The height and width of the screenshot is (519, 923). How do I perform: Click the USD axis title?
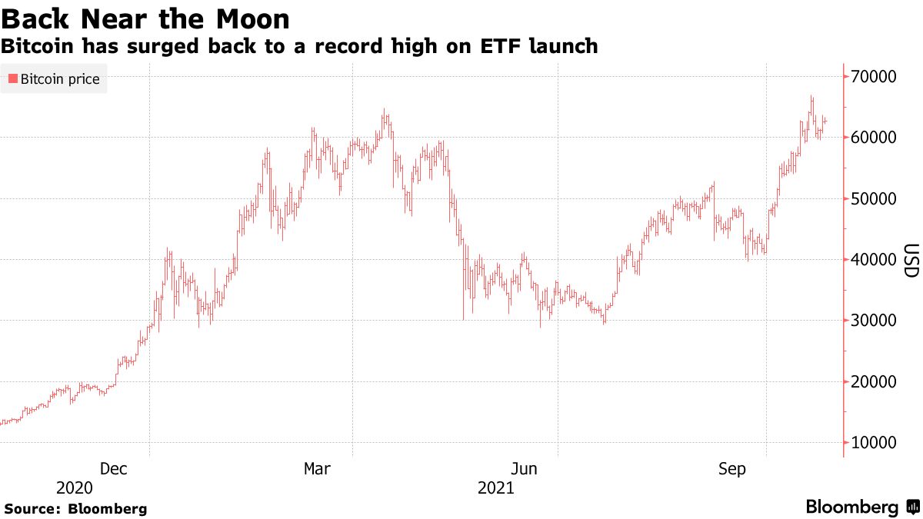(911, 261)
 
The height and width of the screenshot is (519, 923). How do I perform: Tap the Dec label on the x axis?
(114, 468)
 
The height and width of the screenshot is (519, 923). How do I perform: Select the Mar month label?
(318, 468)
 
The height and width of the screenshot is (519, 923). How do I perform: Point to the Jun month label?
(523, 468)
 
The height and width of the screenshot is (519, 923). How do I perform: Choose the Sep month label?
(731, 468)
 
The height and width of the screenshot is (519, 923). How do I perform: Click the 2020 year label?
(75, 488)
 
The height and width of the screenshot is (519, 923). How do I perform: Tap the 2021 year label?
(496, 488)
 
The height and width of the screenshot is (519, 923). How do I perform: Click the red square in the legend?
(12, 79)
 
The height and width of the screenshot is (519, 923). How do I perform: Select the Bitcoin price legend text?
(60, 79)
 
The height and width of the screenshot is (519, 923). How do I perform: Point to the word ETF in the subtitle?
(501, 46)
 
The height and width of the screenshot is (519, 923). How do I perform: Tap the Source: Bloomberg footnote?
(75, 509)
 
